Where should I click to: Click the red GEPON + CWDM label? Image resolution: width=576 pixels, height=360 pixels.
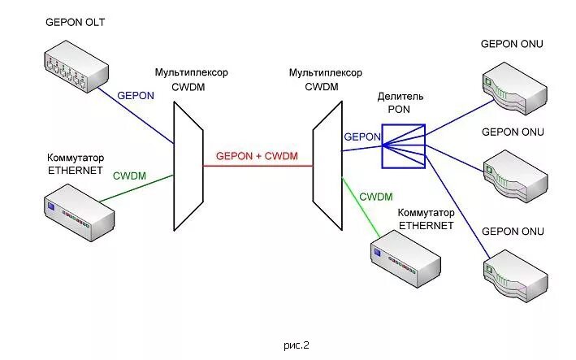(257, 156)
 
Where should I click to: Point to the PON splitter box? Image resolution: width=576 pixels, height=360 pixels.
(404, 145)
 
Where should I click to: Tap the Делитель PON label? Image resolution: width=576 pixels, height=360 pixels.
(401, 102)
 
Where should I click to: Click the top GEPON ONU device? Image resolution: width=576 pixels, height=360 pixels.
(516, 89)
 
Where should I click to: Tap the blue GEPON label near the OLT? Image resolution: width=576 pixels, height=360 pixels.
(136, 95)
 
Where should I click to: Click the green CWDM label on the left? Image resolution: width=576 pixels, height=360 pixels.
(129, 175)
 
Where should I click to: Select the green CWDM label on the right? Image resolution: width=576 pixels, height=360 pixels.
(375, 197)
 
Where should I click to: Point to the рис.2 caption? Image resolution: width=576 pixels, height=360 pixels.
(297, 345)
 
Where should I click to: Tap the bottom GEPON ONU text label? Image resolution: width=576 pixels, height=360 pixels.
(512, 232)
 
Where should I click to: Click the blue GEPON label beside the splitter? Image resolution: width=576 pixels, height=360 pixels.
(362, 137)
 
